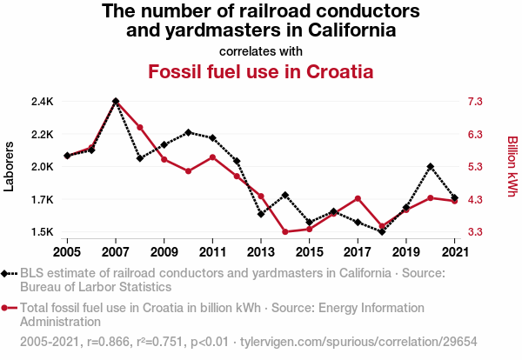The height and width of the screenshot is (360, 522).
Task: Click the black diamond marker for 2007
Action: [116, 102]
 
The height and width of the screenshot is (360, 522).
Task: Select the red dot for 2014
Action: [285, 232]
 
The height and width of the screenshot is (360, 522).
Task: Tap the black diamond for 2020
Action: [431, 166]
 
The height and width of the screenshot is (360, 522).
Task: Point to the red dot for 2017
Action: [358, 198]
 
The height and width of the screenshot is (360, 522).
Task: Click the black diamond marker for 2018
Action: [382, 232]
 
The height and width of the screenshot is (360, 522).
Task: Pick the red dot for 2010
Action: [188, 171]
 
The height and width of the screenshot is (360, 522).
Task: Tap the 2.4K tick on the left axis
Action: [42, 102]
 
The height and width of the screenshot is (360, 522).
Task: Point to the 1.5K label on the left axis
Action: [42, 232]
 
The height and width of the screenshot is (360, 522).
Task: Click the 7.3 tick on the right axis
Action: [474, 102]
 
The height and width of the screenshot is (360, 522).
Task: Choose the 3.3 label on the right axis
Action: [474, 232]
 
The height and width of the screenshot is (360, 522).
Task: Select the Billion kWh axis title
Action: [512, 166]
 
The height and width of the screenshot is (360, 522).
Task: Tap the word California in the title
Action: [336, 30]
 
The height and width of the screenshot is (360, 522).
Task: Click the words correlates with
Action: [261, 50]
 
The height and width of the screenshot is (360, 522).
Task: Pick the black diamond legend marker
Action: [9, 273]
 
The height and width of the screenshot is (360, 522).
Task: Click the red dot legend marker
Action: [9, 308]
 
